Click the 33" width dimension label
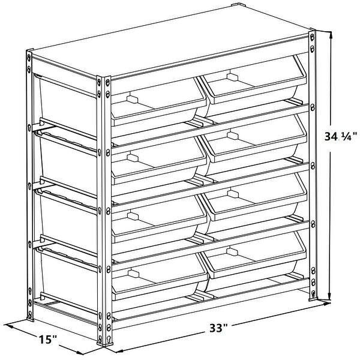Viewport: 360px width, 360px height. coord(218,329)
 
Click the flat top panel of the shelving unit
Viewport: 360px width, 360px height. coord(174,45)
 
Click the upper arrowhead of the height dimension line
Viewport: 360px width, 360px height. coord(330,34)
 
